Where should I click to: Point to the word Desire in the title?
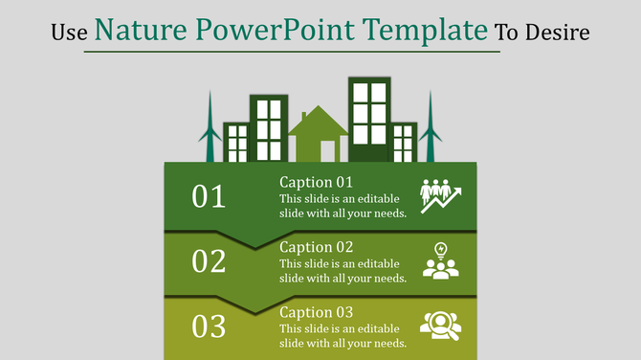pyautogui.click(x=559, y=34)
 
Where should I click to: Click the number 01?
pyautogui.click(x=209, y=196)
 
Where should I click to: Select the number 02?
pyautogui.click(x=209, y=261)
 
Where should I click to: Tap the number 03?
pyautogui.click(x=209, y=326)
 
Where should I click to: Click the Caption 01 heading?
pyautogui.click(x=317, y=182)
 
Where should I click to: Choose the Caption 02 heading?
pyautogui.click(x=317, y=247)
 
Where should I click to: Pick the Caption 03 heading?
pyautogui.click(x=317, y=312)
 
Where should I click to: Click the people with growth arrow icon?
pyautogui.click(x=440, y=195)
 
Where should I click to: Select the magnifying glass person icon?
pyautogui.click(x=440, y=326)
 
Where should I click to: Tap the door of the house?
pyautogui.click(x=328, y=150)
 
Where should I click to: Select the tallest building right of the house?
pyautogui.click(x=369, y=120)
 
